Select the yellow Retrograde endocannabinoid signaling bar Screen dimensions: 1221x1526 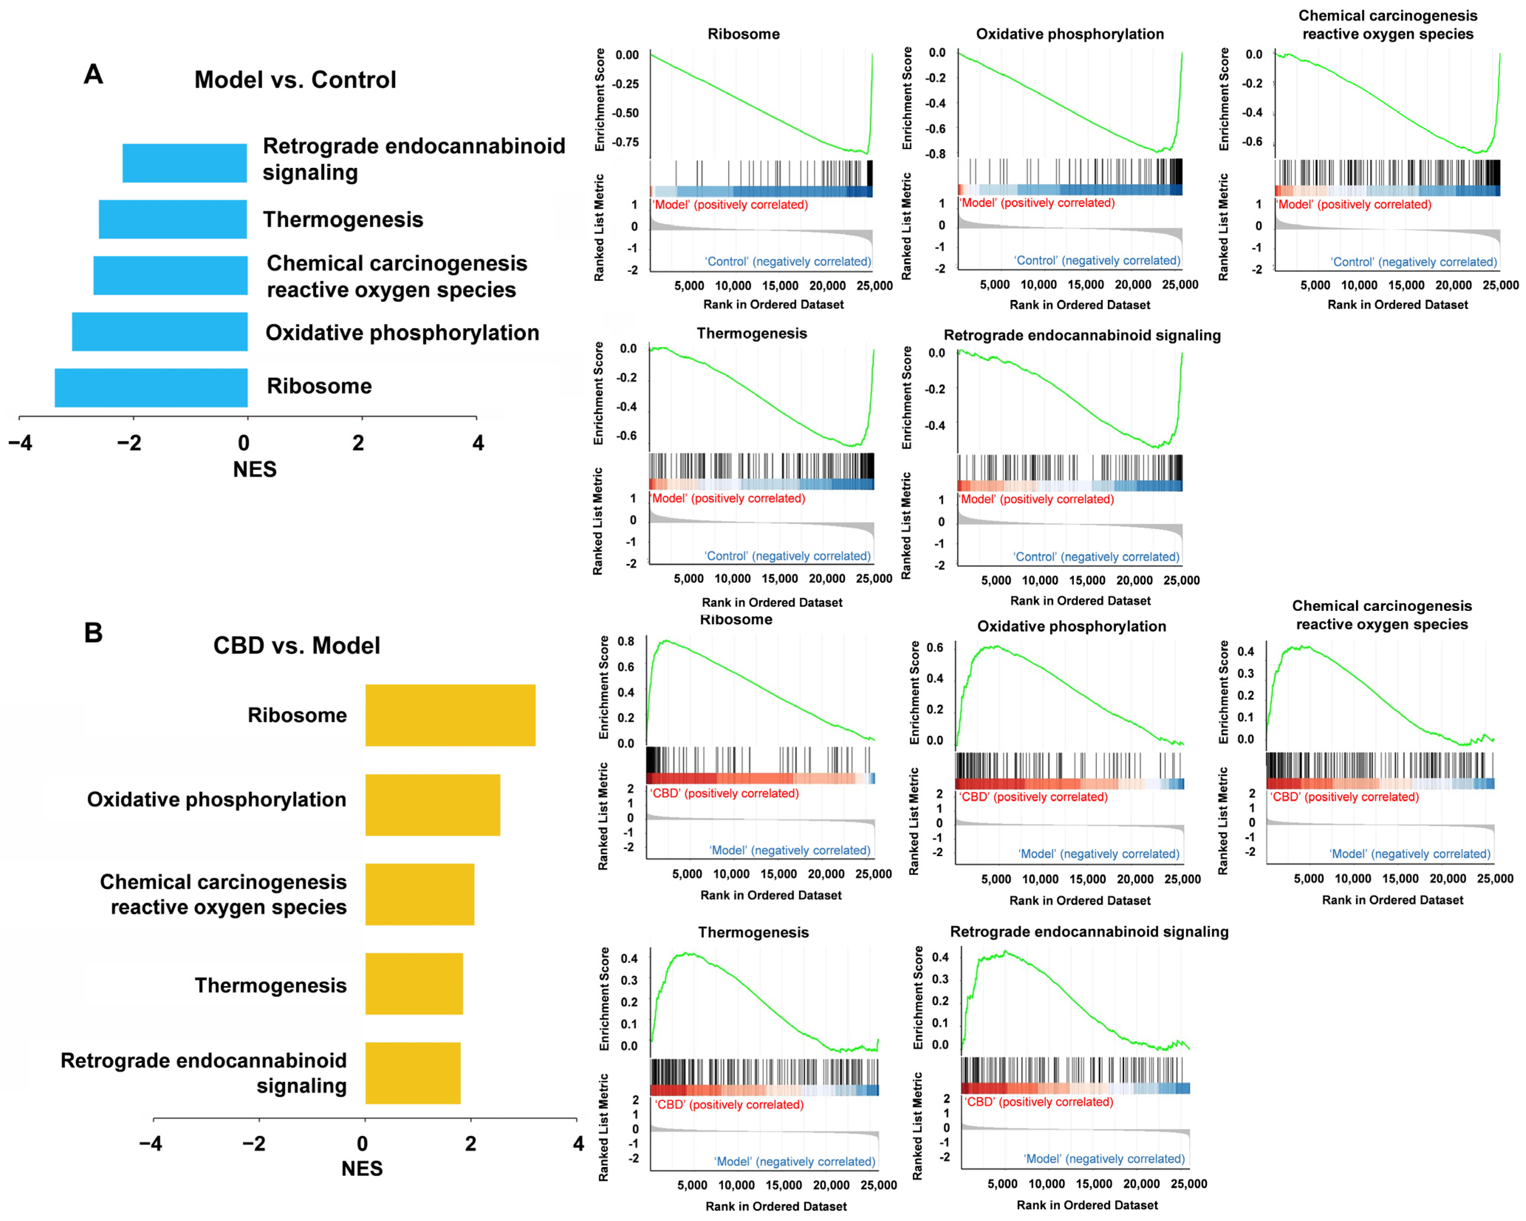click(413, 1073)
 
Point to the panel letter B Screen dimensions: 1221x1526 click(93, 632)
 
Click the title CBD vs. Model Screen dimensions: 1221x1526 click(297, 646)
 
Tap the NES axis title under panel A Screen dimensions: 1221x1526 click(255, 469)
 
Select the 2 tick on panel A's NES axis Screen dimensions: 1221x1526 click(358, 443)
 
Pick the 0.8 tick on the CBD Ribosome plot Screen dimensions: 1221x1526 click(626, 641)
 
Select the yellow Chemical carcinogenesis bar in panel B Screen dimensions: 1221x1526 click(420, 894)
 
